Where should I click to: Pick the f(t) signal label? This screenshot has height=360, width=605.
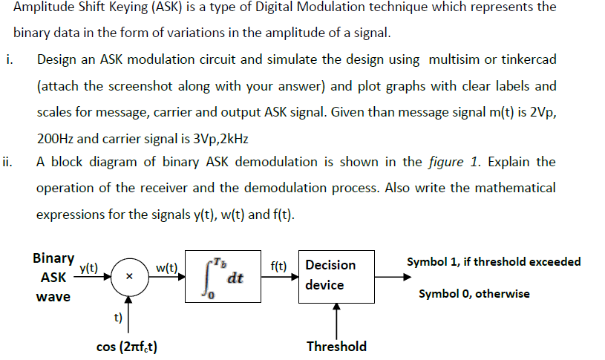click(279, 264)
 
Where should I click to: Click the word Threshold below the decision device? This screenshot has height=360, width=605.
click(336, 346)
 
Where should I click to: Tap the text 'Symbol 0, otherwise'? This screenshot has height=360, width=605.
click(474, 294)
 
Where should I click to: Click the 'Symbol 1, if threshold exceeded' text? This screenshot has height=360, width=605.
click(494, 261)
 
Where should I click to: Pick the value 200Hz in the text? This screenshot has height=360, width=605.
click(56, 138)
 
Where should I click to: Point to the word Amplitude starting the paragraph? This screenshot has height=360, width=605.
click(45, 7)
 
